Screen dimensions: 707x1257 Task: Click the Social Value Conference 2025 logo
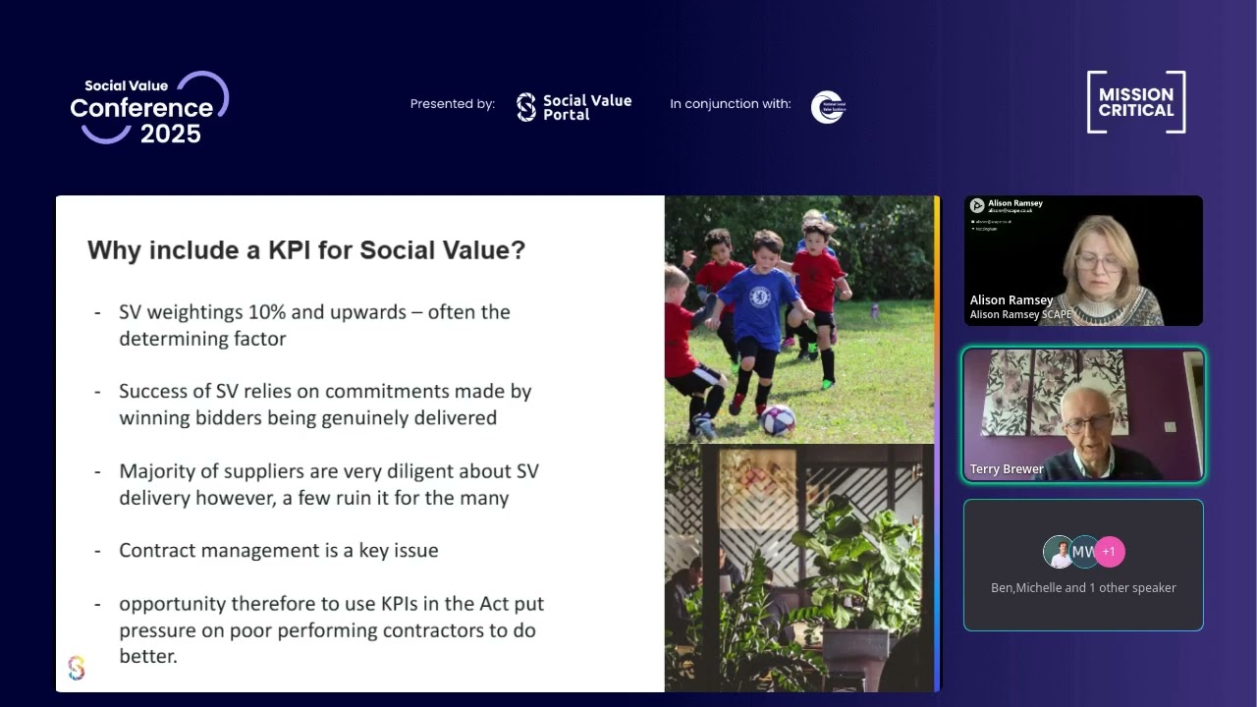[x=147, y=108]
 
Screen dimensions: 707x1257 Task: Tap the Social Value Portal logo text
[x=586, y=107]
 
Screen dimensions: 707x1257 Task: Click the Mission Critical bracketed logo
[x=1136, y=102]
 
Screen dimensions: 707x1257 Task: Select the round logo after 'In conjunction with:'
[x=828, y=107]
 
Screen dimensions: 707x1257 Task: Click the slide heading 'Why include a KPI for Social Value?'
[x=306, y=250]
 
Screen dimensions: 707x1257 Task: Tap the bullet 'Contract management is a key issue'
[x=278, y=550]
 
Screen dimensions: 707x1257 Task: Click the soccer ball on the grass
[x=778, y=420]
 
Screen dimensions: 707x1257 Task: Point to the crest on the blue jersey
[x=758, y=297]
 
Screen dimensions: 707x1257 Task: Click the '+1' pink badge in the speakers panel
[x=1109, y=552]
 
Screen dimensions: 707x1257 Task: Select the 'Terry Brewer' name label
[x=1007, y=469]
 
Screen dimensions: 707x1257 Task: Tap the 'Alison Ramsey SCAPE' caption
[x=1020, y=314]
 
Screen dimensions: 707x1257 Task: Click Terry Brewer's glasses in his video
[x=1088, y=423]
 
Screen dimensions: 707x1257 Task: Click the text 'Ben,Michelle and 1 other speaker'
[x=1083, y=588]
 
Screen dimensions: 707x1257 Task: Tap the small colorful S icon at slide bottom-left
[x=77, y=669]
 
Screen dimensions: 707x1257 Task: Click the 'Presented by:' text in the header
[x=452, y=104]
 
